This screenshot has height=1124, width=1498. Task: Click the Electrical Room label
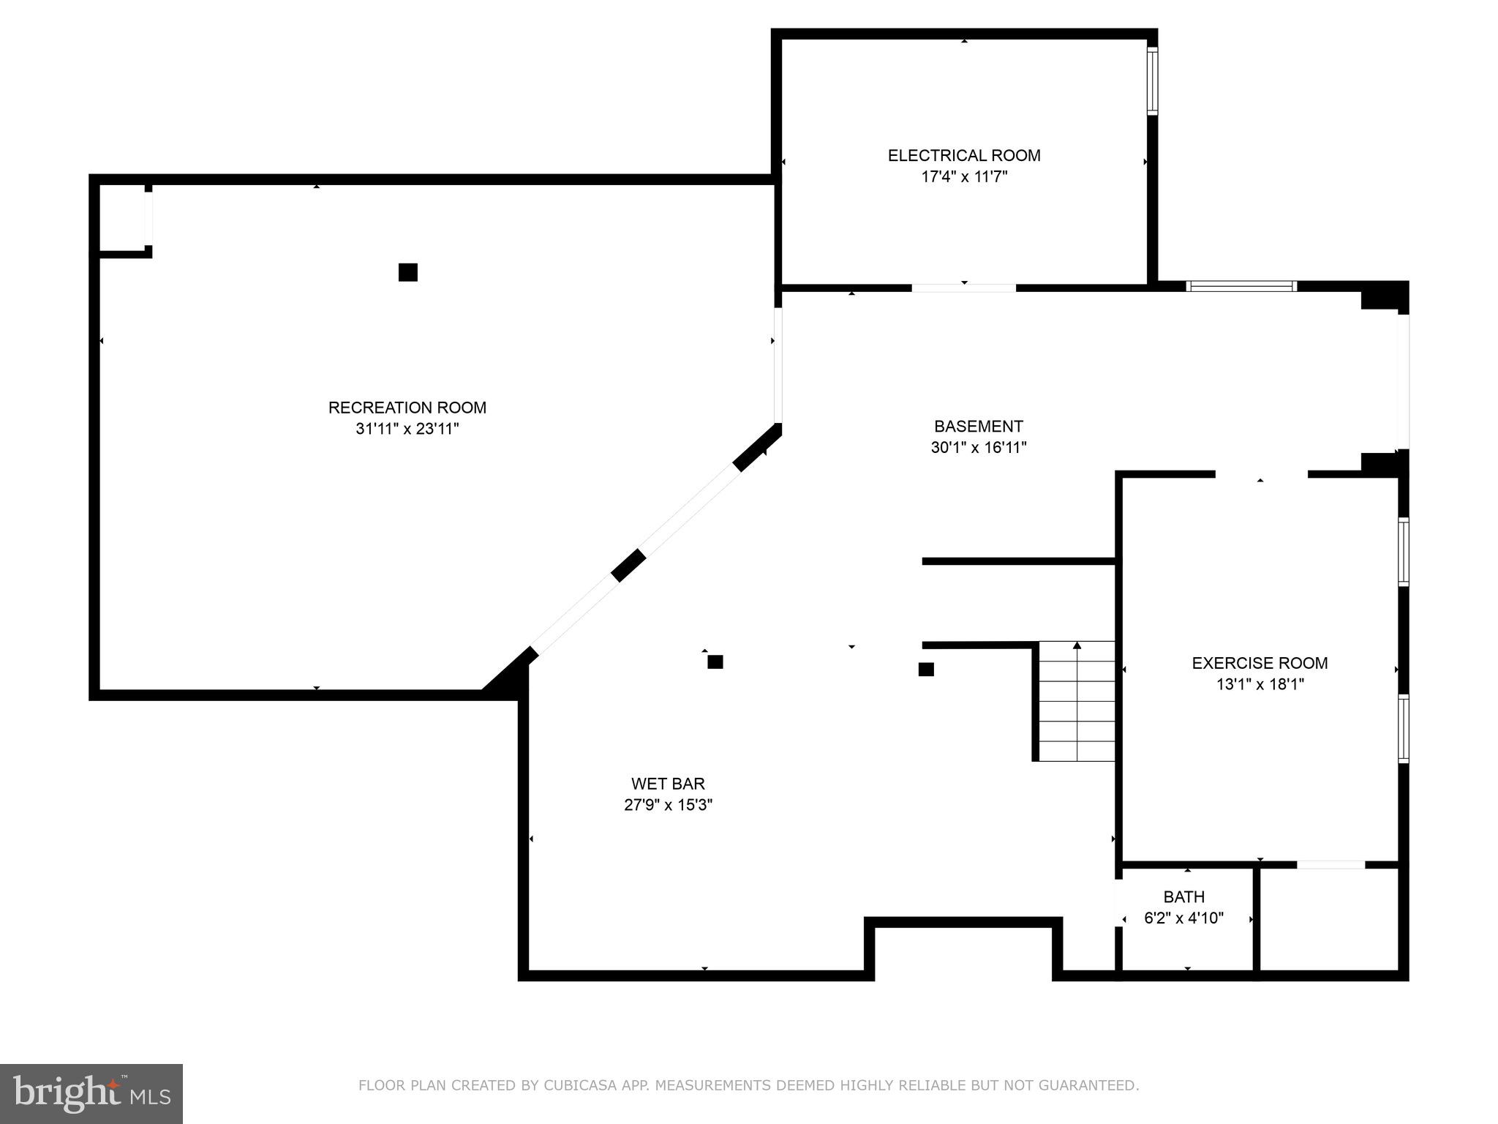pos(963,155)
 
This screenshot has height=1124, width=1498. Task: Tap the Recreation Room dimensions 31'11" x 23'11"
pos(407,429)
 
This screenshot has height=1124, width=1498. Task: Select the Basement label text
pos(978,426)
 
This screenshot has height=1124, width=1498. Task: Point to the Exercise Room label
pos(1260,663)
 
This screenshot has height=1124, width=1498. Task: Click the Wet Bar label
pos(668,784)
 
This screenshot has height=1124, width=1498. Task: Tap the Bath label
pos(1183,896)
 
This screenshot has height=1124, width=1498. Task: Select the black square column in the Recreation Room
pos(407,272)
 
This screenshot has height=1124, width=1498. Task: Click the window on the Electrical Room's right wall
pos(1152,80)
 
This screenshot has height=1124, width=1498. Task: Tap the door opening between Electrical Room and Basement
pos(963,288)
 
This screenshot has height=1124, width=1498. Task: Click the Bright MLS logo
pos(91,1093)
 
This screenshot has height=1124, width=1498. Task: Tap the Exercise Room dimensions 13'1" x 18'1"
pos(1260,684)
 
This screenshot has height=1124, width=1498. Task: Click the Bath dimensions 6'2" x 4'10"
pos(1183,918)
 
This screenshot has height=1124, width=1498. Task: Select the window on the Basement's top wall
pos(1241,286)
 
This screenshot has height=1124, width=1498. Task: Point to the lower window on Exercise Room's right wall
pos(1403,728)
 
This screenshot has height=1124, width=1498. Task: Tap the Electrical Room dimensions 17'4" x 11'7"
pos(963,176)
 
